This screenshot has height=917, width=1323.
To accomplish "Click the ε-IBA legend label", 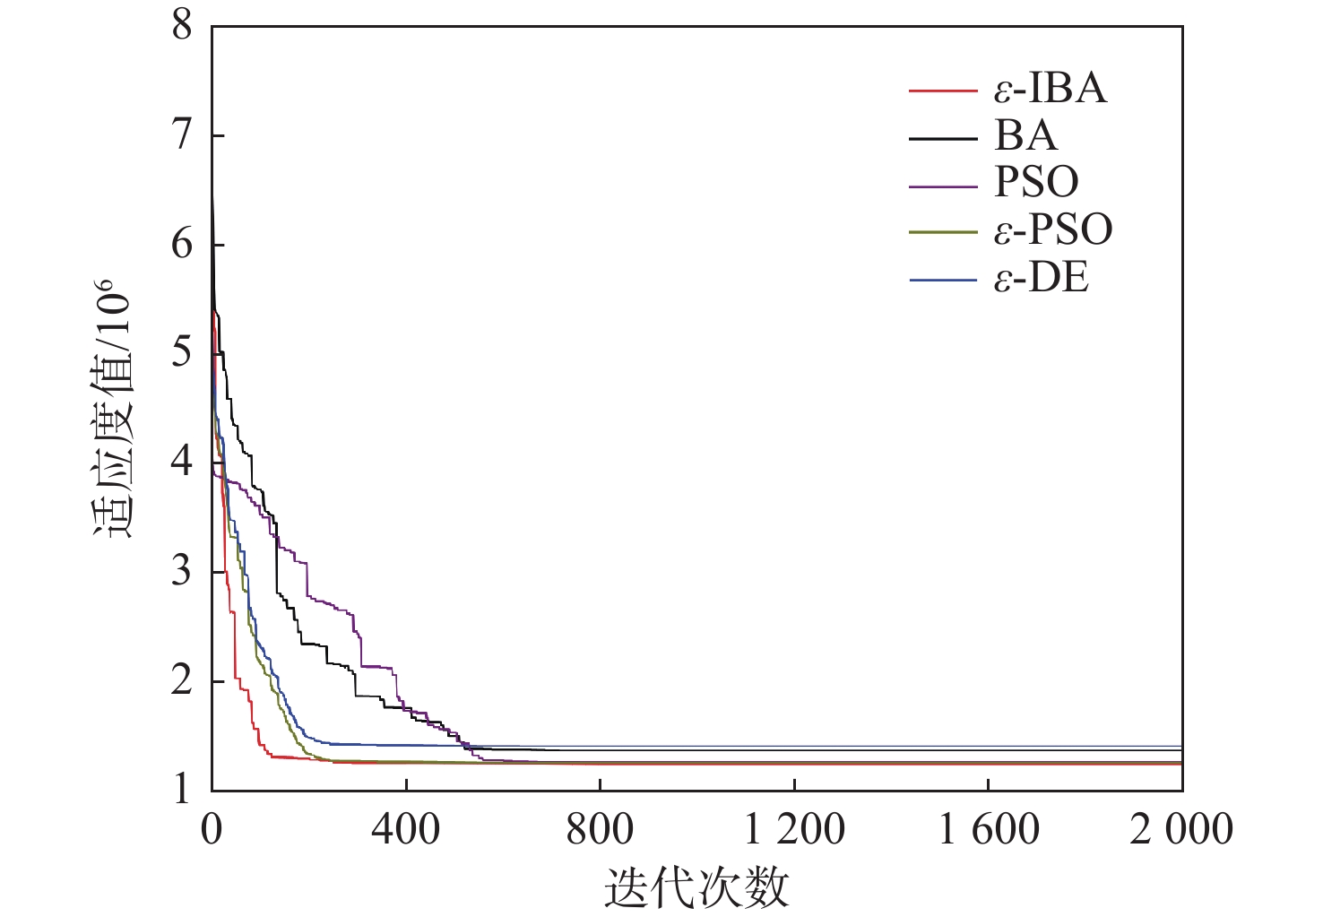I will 1051,89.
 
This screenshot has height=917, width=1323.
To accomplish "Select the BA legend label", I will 1025,136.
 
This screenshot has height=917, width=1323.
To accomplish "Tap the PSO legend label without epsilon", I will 1036,183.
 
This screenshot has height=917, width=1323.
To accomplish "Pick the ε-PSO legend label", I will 1053,230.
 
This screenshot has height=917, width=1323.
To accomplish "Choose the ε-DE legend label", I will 1042,279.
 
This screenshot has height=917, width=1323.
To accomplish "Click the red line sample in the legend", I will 942,91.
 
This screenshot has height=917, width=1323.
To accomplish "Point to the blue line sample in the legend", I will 942,281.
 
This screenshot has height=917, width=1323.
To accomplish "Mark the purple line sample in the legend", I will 942,186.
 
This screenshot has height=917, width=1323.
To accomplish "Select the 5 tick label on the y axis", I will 183,352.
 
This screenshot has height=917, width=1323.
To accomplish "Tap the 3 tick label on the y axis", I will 183,571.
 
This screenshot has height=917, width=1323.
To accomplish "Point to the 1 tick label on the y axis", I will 183,789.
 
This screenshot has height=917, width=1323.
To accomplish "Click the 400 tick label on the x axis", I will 405,829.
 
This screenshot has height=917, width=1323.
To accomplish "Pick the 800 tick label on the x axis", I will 600,829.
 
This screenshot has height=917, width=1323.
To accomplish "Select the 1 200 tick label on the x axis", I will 794,829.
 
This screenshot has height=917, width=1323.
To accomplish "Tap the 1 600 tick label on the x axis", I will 989,829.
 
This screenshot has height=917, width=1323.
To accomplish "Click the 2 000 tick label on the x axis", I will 1181,829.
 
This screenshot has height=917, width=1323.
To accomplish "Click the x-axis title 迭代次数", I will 696,887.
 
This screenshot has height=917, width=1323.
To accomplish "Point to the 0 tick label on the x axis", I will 212,829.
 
